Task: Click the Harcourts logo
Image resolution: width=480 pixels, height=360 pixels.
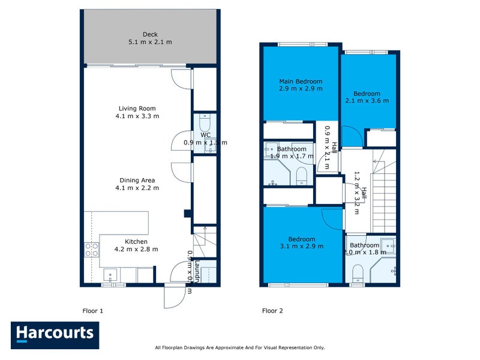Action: pos(55,335)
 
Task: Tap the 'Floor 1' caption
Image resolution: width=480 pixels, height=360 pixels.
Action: pos(93,311)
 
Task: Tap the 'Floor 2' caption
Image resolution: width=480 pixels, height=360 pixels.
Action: pos(272,311)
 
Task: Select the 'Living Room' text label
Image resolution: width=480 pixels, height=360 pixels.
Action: pos(139,109)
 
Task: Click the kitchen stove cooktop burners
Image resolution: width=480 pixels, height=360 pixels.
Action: pos(91,250)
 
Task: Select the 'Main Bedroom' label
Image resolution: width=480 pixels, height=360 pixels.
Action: pos(301,82)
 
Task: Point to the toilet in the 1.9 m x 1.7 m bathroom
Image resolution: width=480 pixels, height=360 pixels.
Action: pos(301,175)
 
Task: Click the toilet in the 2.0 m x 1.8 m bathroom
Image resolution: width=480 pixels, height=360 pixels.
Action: pos(359,272)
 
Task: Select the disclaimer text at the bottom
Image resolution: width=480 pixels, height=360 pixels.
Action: pos(239,347)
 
